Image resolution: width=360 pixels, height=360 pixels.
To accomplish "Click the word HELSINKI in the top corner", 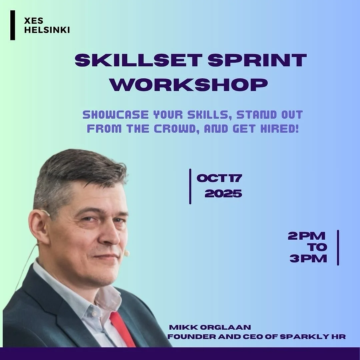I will click(47, 30).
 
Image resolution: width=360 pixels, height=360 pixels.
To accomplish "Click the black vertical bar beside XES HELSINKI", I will click(13, 25).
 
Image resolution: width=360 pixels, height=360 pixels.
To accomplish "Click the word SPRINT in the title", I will click(256, 60).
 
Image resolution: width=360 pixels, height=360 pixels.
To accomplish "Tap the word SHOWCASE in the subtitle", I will click(115, 115).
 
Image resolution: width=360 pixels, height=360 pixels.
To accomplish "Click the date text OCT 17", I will click(219, 178).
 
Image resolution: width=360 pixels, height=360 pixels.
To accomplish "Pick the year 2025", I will click(223, 193).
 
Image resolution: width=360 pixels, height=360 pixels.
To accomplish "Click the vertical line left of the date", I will click(190, 186).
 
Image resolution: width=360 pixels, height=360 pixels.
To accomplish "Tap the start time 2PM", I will click(307, 236).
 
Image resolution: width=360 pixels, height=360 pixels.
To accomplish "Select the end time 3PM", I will click(308, 258).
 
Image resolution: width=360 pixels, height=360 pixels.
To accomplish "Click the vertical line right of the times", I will click(338, 247).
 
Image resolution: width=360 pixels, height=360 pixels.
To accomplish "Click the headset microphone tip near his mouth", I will click(127, 254).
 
